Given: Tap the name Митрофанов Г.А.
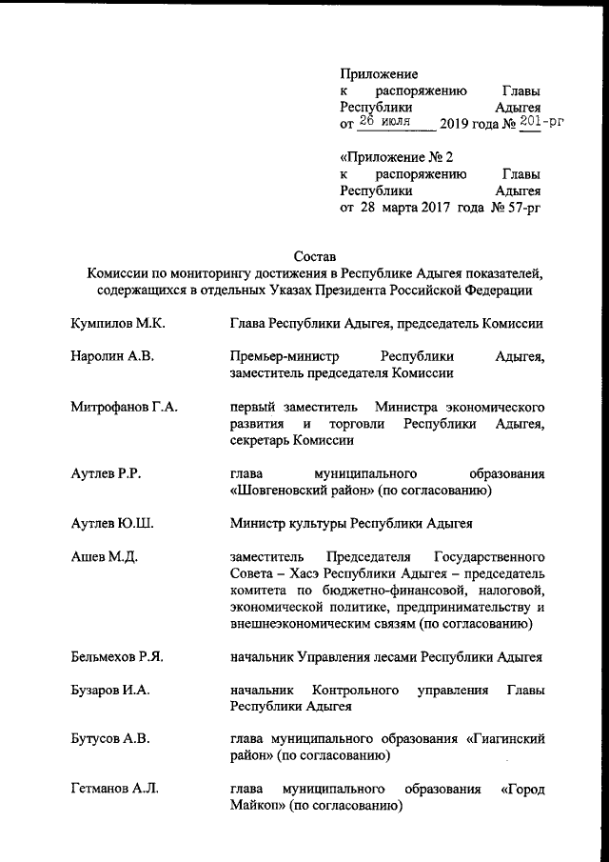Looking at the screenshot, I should point(125,408).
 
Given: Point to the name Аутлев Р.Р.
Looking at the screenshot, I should point(106,473).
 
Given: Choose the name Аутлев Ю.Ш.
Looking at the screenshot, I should point(112,524).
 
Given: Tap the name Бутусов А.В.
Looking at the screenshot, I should point(111,738).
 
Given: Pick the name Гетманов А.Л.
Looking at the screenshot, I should point(115,790).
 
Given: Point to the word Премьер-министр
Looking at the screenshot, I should point(284,357).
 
